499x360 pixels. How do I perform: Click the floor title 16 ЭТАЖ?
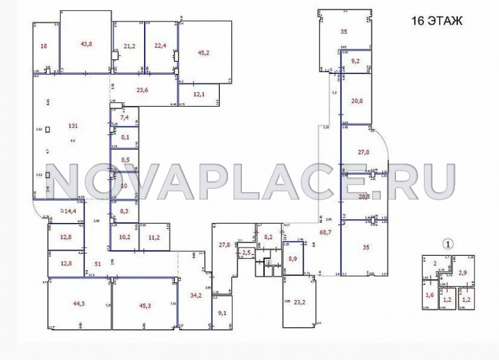pos(437,20)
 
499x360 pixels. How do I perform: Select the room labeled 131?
pos(73,126)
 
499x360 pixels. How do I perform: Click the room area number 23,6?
pos(142,90)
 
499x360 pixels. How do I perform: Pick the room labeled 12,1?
pos(199,94)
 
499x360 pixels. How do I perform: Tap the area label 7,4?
pos(124,117)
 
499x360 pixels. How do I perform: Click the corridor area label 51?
pos(98,264)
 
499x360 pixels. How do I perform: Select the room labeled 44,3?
pos(78,304)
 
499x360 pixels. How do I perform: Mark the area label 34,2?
pos(196,295)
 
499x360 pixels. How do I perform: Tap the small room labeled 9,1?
pos(222,313)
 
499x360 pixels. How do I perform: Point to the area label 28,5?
pos(364,197)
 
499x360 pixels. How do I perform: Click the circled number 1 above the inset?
pos(448,243)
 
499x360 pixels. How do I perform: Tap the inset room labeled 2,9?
pos(462,273)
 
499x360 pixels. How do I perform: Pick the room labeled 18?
pos(44,45)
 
